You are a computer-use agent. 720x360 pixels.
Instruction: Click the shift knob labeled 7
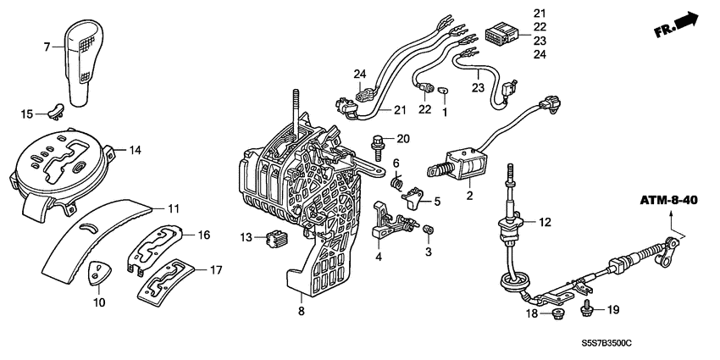click(x=83, y=59)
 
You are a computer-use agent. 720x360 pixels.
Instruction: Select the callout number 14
click(x=135, y=151)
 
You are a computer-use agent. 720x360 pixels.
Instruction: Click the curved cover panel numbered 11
click(x=110, y=237)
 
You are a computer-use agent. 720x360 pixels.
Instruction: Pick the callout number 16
click(x=203, y=235)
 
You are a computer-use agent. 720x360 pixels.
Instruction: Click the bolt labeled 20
click(x=378, y=141)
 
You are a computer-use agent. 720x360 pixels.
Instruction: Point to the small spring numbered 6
click(x=396, y=181)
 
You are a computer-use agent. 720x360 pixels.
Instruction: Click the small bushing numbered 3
click(x=429, y=230)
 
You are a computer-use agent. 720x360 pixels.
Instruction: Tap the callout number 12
click(x=544, y=223)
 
